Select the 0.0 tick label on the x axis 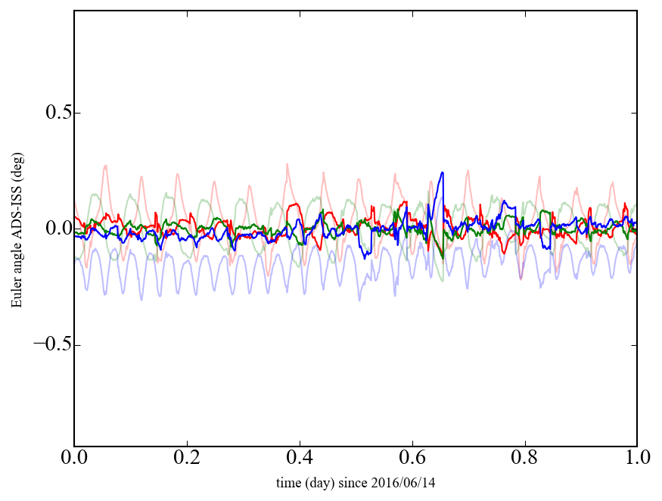pos(74,459)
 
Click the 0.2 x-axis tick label pos(187,459)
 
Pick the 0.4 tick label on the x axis pos(300,459)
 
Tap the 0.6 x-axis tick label pos(412,459)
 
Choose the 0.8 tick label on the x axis pos(524,459)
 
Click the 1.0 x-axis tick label pos(636,459)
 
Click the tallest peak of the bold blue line pos(443,173)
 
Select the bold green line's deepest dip pos(443,258)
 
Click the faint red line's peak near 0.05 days pos(105,165)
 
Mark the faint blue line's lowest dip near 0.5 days pos(359,300)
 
